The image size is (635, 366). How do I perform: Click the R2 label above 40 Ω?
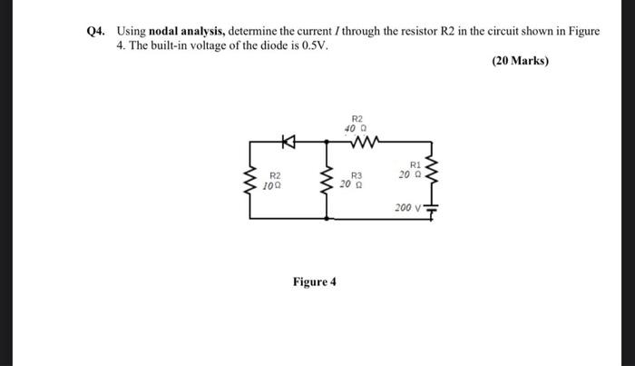(x=357, y=119)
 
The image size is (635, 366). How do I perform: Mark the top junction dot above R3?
(x=325, y=143)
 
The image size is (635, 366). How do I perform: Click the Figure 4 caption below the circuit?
(x=314, y=282)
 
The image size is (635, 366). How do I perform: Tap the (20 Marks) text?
(x=520, y=62)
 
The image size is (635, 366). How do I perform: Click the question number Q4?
(x=95, y=31)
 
